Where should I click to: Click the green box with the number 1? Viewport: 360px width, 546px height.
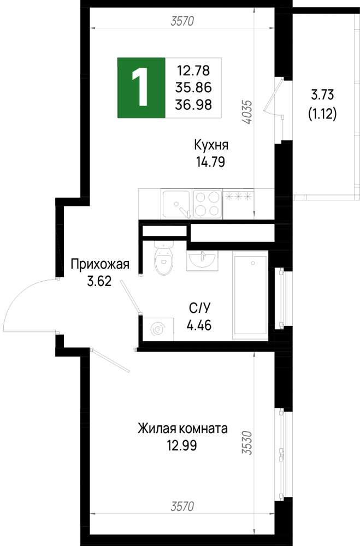tap(141, 87)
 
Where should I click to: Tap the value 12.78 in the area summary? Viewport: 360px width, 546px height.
tap(193, 70)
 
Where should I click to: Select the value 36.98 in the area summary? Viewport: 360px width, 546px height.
tap(193, 104)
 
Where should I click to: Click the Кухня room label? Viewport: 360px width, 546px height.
tap(211, 145)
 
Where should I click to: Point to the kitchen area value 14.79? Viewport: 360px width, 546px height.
tap(210, 162)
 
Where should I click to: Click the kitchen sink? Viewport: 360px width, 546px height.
tap(176, 204)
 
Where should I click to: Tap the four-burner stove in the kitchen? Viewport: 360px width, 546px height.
tap(208, 204)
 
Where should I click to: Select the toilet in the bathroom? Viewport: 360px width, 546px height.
tap(163, 257)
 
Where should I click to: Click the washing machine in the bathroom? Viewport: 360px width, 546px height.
tap(158, 329)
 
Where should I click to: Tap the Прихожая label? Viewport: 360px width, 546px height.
tap(100, 264)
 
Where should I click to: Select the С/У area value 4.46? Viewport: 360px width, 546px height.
tap(199, 325)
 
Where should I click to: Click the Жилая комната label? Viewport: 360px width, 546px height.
tap(182, 428)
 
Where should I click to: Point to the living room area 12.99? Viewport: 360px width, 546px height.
tap(182, 446)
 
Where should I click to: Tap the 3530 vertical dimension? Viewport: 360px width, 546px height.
tap(247, 443)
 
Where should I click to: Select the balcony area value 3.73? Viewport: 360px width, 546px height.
tap(322, 94)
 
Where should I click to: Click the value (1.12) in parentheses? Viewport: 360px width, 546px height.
tap(322, 114)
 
